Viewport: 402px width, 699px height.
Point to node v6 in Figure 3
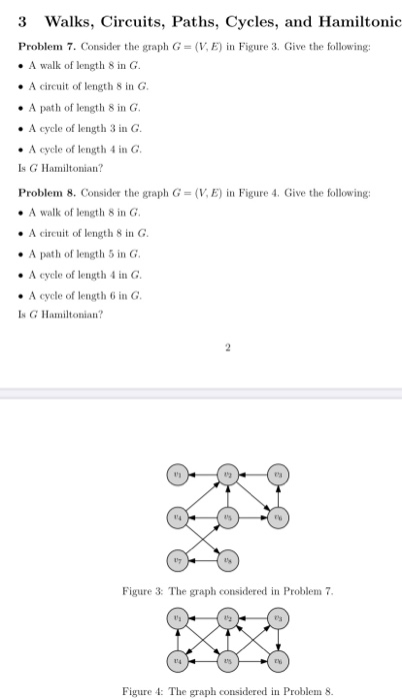[278, 516]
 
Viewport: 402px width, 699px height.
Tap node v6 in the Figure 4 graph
[278, 660]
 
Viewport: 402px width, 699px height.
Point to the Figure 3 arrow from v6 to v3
[278, 496]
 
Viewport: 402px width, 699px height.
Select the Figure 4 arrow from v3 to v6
[278, 640]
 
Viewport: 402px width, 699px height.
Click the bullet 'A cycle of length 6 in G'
[84, 296]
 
